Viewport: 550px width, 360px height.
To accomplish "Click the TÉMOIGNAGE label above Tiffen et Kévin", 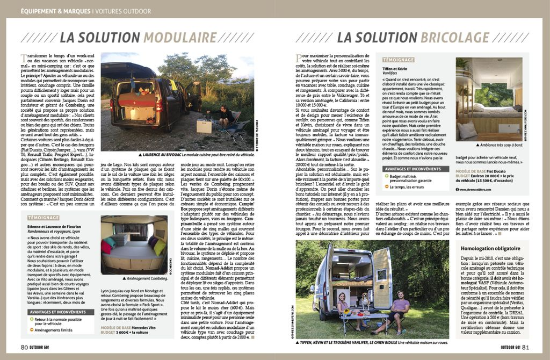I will coord(398,60).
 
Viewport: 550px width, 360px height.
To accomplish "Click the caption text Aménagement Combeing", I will coord(146,278).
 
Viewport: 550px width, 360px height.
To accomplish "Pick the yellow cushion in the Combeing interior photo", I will coord(160,248).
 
